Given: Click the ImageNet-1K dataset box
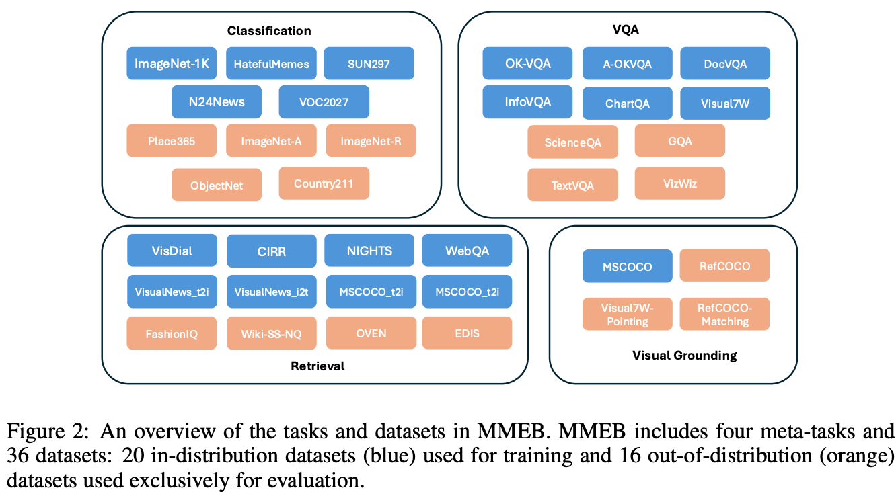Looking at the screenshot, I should pyautogui.click(x=172, y=64).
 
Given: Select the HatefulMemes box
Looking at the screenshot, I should pyautogui.click(x=271, y=64).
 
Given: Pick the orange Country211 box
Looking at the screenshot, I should pyautogui.click(x=324, y=183).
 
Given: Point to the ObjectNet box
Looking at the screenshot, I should pyautogui.click(x=216, y=185).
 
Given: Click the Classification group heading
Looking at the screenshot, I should pyautogui.click(x=269, y=30).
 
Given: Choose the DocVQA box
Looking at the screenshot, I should pyautogui.click(x=725, y=64).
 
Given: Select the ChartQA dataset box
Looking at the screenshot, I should pyautogui.click(x=627, y=104).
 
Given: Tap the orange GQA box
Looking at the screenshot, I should pyautogui.click(x=679, y=141).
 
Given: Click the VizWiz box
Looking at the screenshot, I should pyautogui.click(x=679, y=183).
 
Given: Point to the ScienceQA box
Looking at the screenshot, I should pyautogui.click(x=572, y=142).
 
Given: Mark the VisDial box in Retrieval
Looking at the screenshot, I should pyautogui.click(x=172, y=251).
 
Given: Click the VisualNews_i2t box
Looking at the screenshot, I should pyautogui.click(x=271, y=292).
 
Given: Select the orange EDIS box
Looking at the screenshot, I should pyautogui.click(x=467, y=333).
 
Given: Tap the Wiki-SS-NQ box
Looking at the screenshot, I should pyautogui.click(x=271, y=333).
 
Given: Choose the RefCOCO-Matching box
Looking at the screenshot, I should pyautogui.click(x=724, y=314).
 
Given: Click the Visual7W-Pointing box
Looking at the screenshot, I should pyautogui.click(x=627, y=314).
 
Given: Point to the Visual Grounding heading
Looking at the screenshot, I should pyautogui.click(x=684, y=355).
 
